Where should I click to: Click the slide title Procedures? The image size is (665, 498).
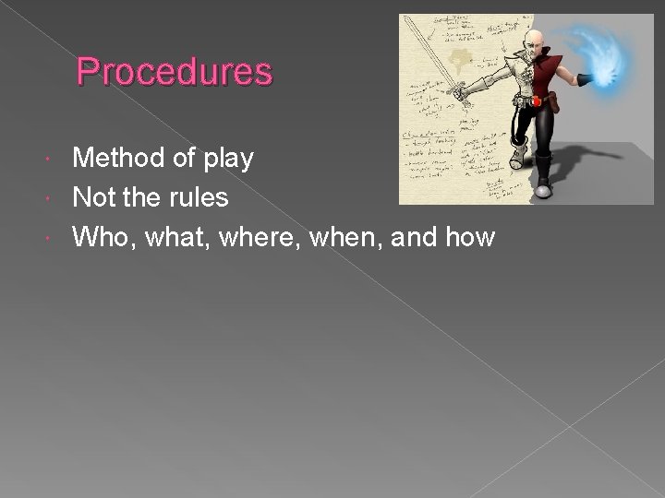[175, 71]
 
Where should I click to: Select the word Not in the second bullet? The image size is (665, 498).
[94, 198]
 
